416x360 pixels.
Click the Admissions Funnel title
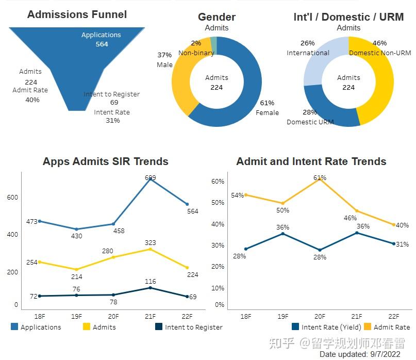(77, 14)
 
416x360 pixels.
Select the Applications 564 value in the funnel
(102, 44)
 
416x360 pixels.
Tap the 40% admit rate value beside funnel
(32, 100)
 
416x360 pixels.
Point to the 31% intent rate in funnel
(112, 121)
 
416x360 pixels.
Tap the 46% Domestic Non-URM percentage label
(379, 43)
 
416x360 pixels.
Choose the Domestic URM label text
(310, 122)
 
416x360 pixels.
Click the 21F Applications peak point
(150, 178)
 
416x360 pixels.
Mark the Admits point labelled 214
(76, 269)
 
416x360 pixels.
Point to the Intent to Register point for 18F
(39, 296)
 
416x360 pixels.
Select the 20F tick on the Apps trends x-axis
(113, 316)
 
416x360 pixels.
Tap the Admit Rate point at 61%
(320, 179)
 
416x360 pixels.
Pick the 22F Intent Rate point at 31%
(394, 243)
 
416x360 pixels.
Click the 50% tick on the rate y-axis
(218, 203)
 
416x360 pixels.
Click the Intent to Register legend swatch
(159, 327)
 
